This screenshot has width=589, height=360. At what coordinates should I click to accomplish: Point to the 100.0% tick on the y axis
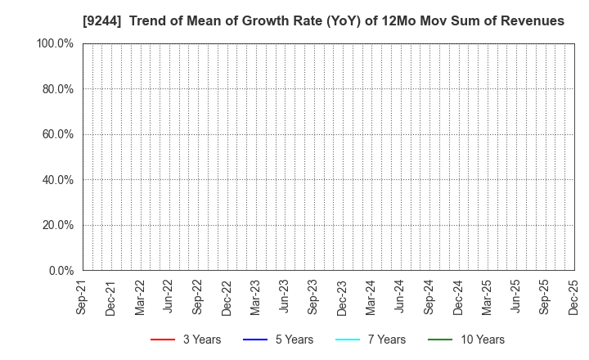[x=55, y=43]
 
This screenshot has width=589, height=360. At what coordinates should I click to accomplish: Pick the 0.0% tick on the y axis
[x=60, y=271]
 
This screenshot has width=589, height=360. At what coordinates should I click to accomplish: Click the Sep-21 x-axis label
[x=82, y=297]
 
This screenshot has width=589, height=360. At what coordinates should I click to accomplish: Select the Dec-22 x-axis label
[x=226, y=297]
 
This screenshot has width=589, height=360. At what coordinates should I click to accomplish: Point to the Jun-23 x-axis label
[x=284, y=297]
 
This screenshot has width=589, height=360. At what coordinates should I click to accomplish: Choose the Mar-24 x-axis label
[x=371, y=297]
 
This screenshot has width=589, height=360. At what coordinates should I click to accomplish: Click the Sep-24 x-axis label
[x=428, y=297]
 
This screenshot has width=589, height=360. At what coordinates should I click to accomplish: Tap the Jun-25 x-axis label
[x=515, y=297]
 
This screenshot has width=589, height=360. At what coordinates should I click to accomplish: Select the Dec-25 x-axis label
[x=573, y=297]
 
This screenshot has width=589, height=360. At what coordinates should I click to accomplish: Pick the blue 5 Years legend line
[x=256, y=340]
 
